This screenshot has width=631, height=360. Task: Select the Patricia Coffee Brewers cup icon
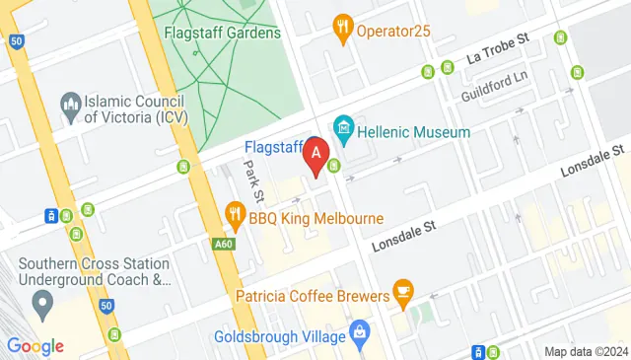(x=402, y=290)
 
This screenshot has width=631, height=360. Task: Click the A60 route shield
(x=224, y=243)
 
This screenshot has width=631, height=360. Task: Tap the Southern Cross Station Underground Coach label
(x=95, y=272)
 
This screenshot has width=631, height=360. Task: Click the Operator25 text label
(x=395, y=31)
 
